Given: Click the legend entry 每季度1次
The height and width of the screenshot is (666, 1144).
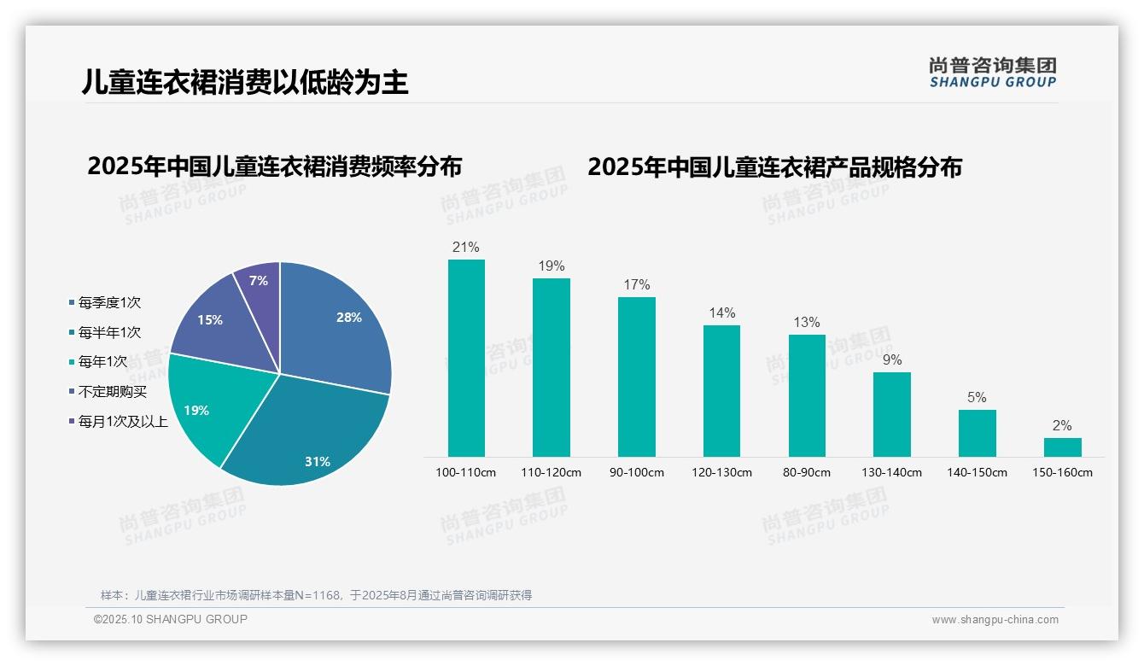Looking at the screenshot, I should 108,302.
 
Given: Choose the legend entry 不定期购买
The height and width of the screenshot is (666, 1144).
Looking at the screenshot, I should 112,391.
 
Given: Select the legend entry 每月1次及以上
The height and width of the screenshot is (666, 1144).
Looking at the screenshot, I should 122,421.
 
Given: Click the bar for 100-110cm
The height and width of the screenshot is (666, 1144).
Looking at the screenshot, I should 466,359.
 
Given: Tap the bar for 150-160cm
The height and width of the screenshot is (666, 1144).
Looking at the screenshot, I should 1062,447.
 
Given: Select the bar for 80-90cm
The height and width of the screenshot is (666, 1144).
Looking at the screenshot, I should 807,395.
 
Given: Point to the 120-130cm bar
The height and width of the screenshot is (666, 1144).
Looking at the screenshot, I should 721,391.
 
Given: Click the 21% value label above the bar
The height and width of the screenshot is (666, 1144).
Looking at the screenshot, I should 466,248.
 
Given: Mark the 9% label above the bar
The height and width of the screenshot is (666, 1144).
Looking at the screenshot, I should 892,360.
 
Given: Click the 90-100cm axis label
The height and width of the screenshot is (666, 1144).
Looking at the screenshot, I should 636,472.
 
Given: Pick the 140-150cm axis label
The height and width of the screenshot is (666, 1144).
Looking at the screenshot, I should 977,472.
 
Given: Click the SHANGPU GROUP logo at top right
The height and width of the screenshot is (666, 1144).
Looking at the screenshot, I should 992,73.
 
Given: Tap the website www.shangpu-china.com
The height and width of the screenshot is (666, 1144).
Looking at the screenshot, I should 995,620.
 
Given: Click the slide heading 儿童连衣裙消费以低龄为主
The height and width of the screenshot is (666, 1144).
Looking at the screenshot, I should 245,82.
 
